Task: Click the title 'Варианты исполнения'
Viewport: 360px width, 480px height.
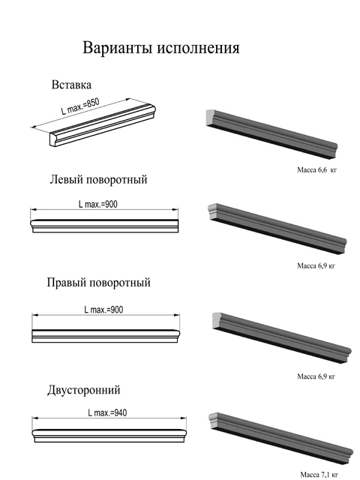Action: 161,48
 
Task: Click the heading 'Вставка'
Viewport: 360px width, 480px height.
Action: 71,85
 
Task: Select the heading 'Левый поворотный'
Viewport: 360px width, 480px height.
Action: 98,179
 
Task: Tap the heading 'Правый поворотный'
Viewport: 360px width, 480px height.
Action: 98,283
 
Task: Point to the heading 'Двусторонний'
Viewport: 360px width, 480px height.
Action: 84,390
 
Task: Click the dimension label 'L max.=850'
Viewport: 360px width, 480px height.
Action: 80,106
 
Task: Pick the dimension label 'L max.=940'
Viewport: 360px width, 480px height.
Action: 107,413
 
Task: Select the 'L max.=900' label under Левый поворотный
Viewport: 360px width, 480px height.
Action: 98,204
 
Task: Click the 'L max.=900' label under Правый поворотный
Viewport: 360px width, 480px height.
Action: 103,310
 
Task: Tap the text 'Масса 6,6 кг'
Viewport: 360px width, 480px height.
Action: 316,170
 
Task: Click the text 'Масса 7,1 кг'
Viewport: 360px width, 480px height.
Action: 319,475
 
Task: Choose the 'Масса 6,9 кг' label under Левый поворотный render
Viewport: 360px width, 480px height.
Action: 316,265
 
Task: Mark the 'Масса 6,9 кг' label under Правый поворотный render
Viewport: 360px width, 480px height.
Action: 316,376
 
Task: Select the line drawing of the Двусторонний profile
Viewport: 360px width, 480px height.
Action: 109,436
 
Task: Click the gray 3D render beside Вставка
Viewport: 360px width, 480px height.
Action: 271,134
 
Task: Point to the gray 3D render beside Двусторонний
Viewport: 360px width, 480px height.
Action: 280,438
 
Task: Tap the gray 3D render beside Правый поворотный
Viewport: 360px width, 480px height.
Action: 282,338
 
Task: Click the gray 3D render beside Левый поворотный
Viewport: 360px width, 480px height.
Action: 277,229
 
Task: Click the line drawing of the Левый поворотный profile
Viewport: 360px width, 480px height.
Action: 105,226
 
